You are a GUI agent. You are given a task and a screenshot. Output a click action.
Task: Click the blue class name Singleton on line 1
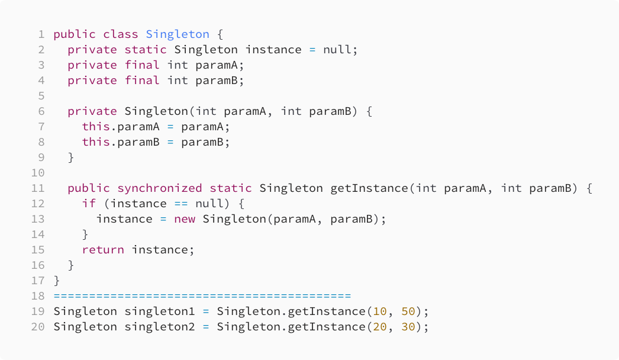pos(178,34)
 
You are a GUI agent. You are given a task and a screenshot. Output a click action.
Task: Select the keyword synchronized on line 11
pos(160,188)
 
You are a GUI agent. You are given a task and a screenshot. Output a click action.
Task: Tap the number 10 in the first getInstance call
pos(380,311)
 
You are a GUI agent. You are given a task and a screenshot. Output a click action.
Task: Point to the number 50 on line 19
pos(408,311)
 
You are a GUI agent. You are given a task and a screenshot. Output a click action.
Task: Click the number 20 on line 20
pos(380,327)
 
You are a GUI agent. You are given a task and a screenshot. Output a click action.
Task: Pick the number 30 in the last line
pos(408,327)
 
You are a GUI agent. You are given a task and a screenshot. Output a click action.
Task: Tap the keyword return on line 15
pos(103,250)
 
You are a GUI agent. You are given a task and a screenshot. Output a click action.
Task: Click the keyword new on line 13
pos(185,219)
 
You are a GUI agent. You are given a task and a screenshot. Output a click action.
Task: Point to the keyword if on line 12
pos(89,204)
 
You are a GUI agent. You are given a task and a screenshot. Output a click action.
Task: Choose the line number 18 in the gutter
pos(38,296)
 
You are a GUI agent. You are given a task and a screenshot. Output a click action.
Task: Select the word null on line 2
pos(337,50)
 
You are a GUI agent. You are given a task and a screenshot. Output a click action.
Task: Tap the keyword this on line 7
pos(96,127)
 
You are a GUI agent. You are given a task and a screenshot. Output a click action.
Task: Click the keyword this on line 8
pos(96,142)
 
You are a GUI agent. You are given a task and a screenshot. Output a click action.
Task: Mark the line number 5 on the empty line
pos(41,96)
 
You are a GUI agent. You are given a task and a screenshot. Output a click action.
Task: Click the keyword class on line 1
pos(121,34)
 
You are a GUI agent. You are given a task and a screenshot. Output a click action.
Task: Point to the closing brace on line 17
pos(57,281)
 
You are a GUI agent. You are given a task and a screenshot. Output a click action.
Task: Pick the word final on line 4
pos(142,81)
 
